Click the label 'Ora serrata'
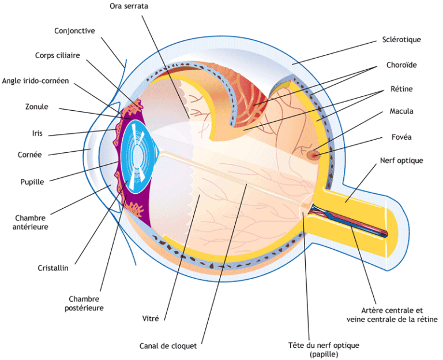point(128,6)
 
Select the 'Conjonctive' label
point(75,31)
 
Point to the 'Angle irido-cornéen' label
point(35,81)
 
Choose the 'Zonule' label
point(37,107)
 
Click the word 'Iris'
point(37,133)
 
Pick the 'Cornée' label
point(30,155)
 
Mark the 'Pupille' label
point(32,182)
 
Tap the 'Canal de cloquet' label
point(168,346)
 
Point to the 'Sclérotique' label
point(401,40)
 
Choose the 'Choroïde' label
point(401,65)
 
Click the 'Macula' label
point(401,111)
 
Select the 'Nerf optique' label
point(401,160)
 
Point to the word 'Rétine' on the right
point(401,89)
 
